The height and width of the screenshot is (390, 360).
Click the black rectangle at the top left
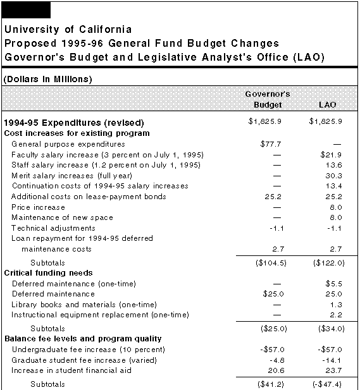tap(26, 10)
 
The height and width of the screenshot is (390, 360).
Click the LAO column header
tap(327, 104)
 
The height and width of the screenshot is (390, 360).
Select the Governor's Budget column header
tap(268, 99)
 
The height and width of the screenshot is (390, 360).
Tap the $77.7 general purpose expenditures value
tap(271, 144)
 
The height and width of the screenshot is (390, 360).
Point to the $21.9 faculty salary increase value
tap(331, 155)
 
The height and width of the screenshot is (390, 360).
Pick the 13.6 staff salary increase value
tap(333, 165)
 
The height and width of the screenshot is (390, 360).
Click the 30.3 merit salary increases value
tap(333, 176)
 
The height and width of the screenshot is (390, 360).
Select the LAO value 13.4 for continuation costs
tap(333, 186)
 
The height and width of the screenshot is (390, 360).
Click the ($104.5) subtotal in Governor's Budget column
tap(271, 263)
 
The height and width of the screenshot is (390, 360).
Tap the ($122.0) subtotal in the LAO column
tap(329, 263)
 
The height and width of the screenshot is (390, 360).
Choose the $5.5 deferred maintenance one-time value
tap(333, 284)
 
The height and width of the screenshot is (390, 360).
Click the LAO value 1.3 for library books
tap(336, 305)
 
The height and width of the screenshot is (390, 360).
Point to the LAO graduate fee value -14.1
tap(332, 360)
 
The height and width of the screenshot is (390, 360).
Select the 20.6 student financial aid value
tap(276, 370)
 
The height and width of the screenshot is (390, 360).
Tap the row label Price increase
tap(39, 207)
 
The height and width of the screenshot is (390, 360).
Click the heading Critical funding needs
tap(49, 273)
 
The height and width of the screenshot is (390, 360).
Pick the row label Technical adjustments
tap(53, 228)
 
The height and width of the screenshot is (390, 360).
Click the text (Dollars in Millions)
tap(47, 79)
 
